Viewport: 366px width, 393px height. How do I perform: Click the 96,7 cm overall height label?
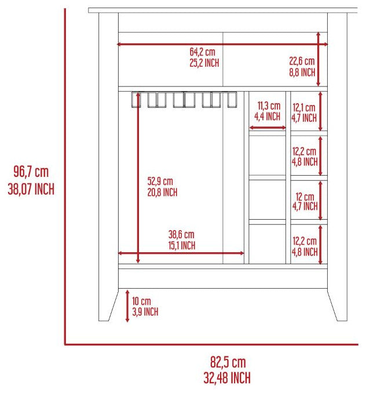point(31,172)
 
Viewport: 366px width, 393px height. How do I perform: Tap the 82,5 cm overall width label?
point(228,362)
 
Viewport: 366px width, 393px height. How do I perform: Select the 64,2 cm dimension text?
point(202,52)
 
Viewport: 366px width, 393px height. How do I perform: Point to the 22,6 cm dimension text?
point(302,61)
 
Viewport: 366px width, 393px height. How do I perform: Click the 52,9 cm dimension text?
point(160,181)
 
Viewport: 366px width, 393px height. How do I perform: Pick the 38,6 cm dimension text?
point(181,235)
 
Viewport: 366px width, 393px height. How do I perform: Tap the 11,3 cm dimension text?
point(269,106)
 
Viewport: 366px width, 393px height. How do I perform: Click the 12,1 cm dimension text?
point(304,108)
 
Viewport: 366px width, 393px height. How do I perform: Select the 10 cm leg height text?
point(141,301)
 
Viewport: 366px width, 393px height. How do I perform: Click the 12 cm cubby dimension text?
point(305,196)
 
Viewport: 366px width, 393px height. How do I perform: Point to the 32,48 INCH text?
point(227,378)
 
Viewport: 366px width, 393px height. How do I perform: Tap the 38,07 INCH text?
point(31,189)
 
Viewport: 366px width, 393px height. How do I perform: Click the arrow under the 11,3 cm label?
point(268,128)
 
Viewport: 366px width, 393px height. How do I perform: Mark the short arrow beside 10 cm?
point(127,306)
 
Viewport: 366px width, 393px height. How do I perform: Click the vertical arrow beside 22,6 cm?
point(319,59)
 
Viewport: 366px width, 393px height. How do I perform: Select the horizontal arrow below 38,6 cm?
point(181,253)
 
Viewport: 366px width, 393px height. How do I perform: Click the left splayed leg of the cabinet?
point(108,304)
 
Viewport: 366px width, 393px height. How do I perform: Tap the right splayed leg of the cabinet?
point(338,304)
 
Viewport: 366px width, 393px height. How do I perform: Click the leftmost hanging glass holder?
point(136,100)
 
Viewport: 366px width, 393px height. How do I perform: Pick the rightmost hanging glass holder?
point(232,100)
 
